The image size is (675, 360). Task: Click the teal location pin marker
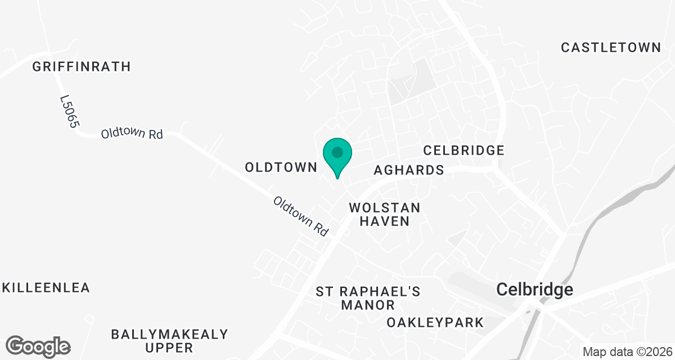[337, 157]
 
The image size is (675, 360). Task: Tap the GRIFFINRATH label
[82, 66]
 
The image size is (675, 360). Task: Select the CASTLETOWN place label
[611, 47]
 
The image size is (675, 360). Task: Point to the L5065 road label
[68, 111]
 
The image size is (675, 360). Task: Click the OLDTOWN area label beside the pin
[282, 167]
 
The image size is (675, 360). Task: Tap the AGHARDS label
[409, 169]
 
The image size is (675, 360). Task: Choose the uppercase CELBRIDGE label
[463, 150]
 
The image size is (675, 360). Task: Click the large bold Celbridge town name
[535, 290]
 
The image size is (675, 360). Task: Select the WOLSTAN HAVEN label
[385, 214]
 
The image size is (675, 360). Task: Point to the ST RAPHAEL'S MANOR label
[368, 298]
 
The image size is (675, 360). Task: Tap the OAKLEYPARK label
[435, 322]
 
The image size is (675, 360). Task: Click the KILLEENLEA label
[46, 287]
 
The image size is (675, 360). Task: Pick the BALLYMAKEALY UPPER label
[169, 341]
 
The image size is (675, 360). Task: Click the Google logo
[38, 346]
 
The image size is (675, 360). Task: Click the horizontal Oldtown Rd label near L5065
[132, 134]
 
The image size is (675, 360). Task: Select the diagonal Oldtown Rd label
[301, 216]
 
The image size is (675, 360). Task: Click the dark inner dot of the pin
[337, 152]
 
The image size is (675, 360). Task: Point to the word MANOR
[368, 305]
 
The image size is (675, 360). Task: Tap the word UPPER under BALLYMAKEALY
[169, 348]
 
